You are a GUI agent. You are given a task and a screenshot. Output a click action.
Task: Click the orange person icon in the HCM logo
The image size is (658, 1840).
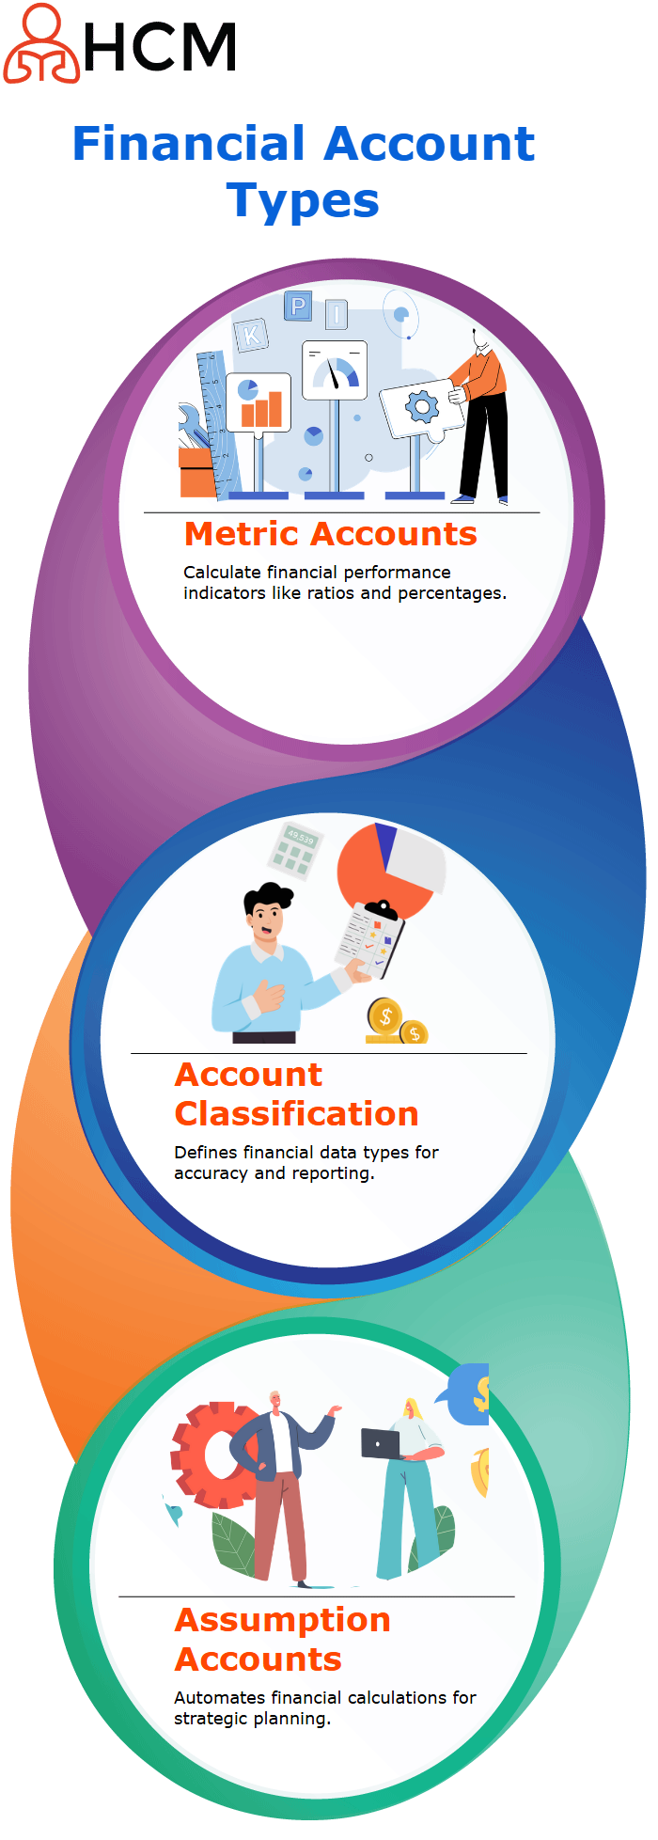coord(41,43)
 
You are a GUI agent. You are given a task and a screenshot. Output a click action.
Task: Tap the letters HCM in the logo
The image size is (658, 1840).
coord(160,47)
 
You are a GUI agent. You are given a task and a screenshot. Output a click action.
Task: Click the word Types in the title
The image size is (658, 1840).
coord(303,202)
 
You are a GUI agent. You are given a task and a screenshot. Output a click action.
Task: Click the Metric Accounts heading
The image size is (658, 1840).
coord(331,534)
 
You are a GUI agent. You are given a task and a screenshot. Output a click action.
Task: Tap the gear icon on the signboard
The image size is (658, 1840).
coord(421,407)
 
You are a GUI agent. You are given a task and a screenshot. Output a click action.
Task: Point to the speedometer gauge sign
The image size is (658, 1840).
coord(334,370)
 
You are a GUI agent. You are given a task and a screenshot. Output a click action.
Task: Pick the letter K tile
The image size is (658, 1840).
coord(251,334)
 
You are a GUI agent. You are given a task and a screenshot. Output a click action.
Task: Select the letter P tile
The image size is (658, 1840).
coord(298,307)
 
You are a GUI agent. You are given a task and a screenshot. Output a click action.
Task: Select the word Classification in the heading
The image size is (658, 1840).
coord(296,1114)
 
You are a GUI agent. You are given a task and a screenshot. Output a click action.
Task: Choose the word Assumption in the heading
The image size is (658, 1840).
coord(282,1620)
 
